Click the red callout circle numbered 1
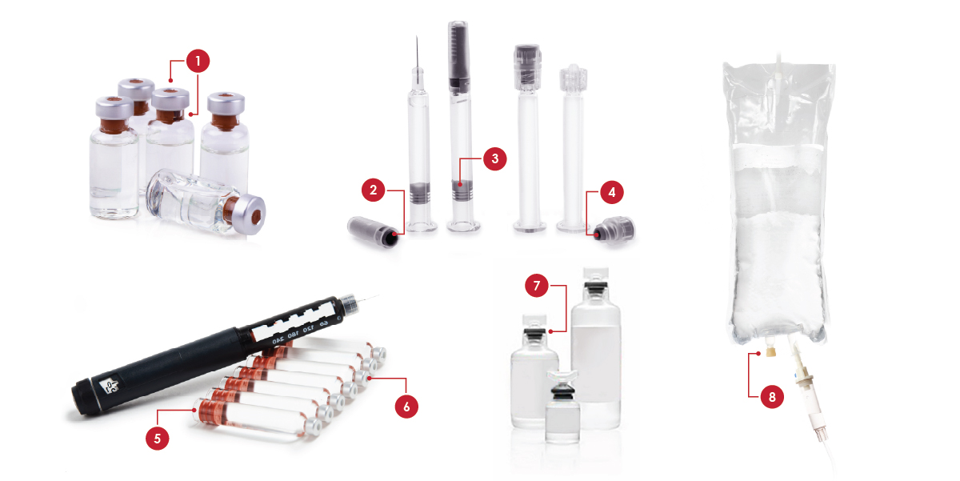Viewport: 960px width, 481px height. tap(198, 61)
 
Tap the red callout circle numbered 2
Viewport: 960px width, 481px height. tap(374, 190)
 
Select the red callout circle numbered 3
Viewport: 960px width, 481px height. tap(495, 158)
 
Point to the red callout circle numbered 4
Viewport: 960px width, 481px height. tap(611, 192)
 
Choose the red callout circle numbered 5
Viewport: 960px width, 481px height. tap(158, 438)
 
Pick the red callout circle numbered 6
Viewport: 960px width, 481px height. tap(406, 407)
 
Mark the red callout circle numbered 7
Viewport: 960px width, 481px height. tap(537, 286)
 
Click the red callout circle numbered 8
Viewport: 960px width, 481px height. tap(772, 396)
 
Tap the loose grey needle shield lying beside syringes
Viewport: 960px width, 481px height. tap(374, 232)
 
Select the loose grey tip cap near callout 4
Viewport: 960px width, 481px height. tap(614, 230)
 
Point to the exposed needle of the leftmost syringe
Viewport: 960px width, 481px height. tap(417, 53)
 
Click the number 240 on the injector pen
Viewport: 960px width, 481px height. tap(278, 340)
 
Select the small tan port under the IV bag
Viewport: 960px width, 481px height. tap(771, 352)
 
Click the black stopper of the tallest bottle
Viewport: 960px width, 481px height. tap(595, 288)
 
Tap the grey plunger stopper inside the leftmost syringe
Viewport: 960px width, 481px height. tap(419, 192)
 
